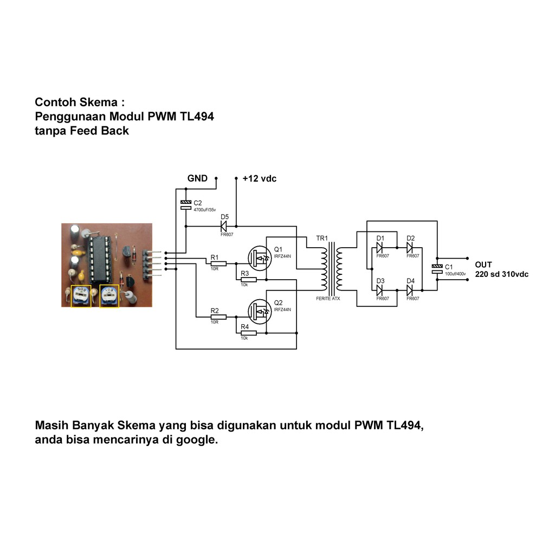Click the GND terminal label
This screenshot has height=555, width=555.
coord(197,178)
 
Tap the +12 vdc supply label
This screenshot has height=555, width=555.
coord(259,178)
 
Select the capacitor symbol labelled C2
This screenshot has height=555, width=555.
coord(185,204)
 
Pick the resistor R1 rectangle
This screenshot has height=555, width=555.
coord(218,264)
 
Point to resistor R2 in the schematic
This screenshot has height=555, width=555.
coord(218,317)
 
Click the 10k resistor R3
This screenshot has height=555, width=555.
coord(248,280)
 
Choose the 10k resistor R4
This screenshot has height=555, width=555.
coord(248,333)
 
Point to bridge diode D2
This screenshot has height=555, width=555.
coord(410,248)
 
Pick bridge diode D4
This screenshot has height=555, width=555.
coord(410,291)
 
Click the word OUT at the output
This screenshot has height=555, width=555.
coord(483,264)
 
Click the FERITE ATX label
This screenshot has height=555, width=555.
coord(328,299)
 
